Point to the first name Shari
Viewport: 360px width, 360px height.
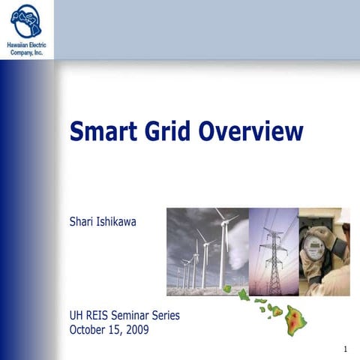tap(83, 221)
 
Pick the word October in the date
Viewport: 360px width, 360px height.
tap(88, 328)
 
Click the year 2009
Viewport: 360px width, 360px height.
tap(138, 328)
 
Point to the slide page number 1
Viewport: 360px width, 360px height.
tap(344, 349)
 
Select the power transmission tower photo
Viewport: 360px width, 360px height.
tap(274, 251)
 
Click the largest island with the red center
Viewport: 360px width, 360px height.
tap(295, 320)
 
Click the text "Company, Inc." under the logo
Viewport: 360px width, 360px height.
tap(26, 53)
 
